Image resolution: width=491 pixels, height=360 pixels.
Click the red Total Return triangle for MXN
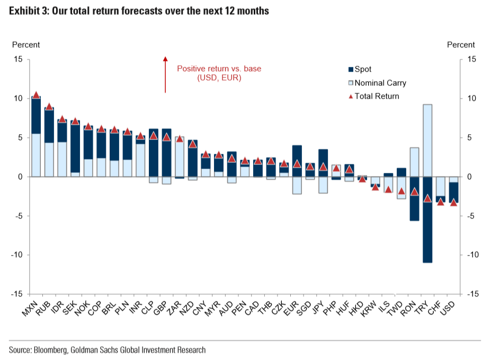click(36, 95)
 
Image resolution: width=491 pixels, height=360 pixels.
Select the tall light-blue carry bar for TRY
click(427, 141)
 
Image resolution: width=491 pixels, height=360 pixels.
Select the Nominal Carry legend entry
click(376, 83)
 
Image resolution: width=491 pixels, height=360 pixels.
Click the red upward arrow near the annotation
click(165, 74)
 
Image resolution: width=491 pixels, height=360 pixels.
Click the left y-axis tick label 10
click(18, 99)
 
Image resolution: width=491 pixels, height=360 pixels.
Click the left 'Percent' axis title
click(26, 45)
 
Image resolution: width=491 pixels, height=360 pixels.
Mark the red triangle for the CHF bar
click(441, 201)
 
